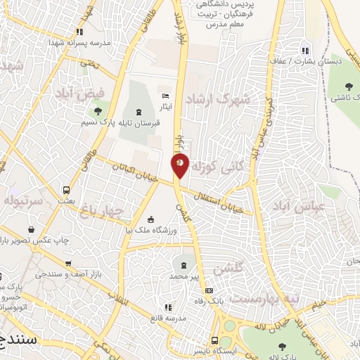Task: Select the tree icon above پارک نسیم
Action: tap(98, 110)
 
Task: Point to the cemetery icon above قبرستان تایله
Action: tap(138, 111)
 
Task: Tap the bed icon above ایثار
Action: tap(166, 95)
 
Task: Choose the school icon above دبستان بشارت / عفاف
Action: tap(304, 50)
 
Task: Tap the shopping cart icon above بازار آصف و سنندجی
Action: tap(30, 229)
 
